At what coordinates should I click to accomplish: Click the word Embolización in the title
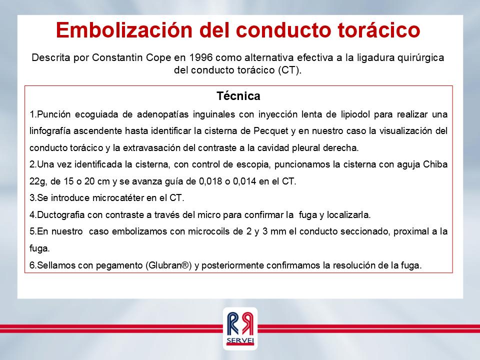[124, 30]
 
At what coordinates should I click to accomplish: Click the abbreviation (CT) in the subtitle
[289, 70]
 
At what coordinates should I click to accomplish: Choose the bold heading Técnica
[238, 96]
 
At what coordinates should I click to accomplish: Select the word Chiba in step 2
[435, 164]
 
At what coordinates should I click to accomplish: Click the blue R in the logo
[233, 324]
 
